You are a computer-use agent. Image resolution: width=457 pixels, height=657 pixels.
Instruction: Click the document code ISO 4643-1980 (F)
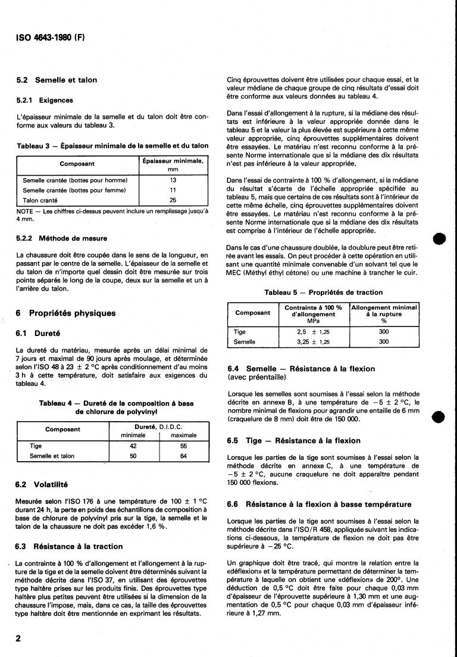(x=50, y=38)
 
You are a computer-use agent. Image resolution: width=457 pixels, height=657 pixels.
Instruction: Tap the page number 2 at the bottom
(x=18, y=638)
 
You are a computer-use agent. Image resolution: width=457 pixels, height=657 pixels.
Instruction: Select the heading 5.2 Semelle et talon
(x=57, y=80)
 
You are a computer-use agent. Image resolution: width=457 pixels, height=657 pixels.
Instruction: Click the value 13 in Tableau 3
(x=174, y=179)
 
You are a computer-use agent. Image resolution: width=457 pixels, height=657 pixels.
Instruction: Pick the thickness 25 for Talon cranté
(x=174, y=201)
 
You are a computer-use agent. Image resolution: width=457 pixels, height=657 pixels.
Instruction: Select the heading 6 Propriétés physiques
(x=66, y=313)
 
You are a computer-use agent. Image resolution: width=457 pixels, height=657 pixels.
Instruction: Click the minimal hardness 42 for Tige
(x=133, y=445)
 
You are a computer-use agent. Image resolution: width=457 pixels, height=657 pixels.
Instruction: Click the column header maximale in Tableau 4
(x=184, y=435)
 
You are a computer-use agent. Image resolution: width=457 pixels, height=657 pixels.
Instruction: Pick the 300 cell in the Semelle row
(x=384, y=342)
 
